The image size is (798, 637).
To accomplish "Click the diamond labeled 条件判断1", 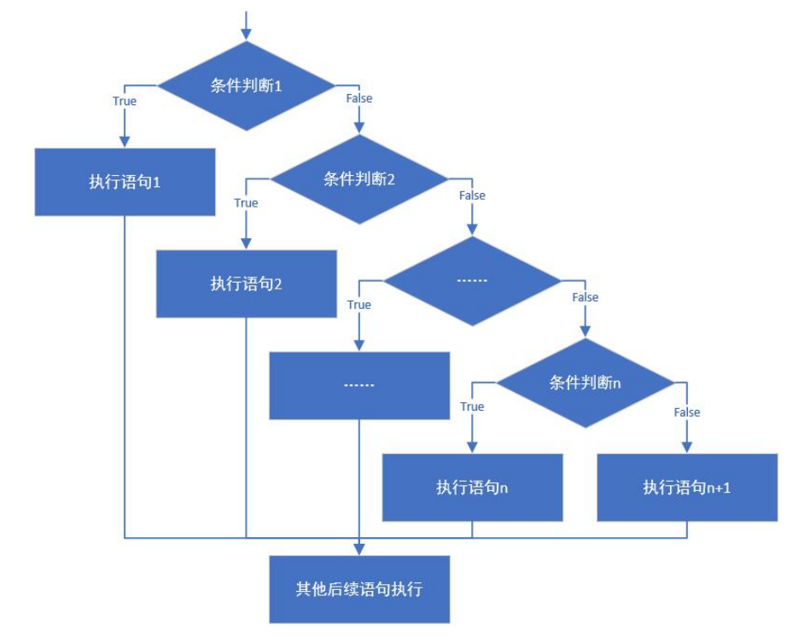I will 246,85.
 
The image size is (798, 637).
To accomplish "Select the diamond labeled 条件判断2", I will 358,179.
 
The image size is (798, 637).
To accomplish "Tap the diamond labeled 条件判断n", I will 585,383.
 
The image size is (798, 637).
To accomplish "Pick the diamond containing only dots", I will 472,281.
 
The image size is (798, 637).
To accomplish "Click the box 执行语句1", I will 125,182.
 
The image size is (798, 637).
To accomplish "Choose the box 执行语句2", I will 246,283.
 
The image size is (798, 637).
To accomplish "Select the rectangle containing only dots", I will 358,385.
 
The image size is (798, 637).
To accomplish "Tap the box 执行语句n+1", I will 687,487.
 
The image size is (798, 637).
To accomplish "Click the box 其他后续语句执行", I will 358,589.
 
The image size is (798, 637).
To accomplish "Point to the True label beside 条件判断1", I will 125,101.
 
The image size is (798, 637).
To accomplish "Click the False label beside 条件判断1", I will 358,98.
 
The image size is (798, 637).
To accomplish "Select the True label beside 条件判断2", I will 246,203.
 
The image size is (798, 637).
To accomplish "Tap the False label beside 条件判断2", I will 472,196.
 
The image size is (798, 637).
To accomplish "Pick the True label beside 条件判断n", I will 472,406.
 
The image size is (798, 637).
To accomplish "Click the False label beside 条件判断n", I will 687,412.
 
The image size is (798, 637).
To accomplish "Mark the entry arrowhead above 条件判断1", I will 246,34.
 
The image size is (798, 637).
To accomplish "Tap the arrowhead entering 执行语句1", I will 125,142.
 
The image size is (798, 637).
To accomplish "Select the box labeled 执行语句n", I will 472,487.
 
